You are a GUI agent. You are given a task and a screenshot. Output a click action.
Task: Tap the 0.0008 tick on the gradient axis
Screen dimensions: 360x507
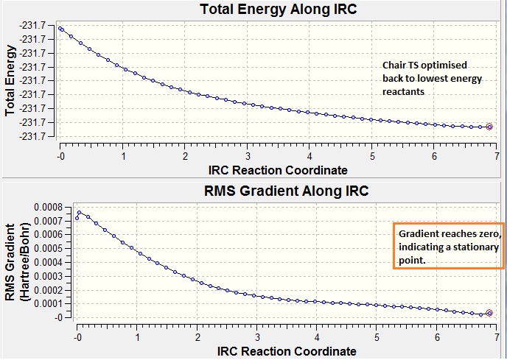[50, 207]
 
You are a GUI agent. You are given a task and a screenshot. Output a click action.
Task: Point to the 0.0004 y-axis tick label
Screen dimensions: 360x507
[50, 262]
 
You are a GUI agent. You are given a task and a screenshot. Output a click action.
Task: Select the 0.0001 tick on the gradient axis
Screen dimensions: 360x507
[50, 303]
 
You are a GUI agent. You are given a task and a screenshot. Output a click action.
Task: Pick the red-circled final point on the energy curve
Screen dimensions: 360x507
[489, 127]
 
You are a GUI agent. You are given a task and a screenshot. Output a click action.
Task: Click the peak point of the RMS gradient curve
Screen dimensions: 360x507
[80, 213]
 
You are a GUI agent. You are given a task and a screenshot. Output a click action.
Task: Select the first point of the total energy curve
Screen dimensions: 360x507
[61, 29]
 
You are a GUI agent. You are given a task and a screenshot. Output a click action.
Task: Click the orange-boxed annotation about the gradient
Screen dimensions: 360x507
[448, 246]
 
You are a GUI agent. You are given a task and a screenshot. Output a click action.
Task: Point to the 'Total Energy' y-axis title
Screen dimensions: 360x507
[10, 81]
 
